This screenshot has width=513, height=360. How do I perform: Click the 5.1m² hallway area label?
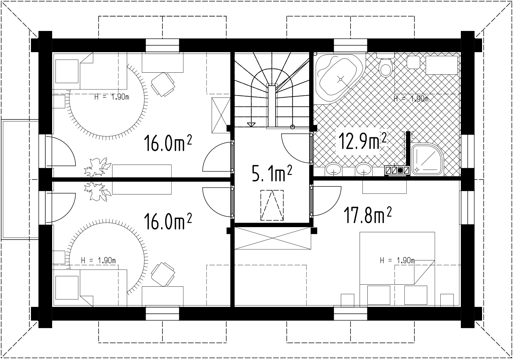point(272,173)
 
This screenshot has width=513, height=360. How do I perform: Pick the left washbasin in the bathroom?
point(333,170)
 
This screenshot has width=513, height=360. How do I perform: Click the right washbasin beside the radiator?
point(364,170)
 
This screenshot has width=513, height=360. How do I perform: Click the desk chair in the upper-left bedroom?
point(163,84)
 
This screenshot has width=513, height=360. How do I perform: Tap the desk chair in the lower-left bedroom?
point(163,274)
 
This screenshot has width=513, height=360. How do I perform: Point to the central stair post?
point(272,107)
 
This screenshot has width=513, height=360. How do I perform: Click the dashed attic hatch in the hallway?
point(272,205)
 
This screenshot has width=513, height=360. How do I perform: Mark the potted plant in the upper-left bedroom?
point(97,167)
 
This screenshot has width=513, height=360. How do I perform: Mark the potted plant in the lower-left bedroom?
point(97,191)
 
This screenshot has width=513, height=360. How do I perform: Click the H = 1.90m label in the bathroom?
point(411,99)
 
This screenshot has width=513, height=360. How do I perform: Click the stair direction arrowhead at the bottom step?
point(251,124)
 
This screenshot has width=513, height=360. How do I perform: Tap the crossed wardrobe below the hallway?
point(272,238)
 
